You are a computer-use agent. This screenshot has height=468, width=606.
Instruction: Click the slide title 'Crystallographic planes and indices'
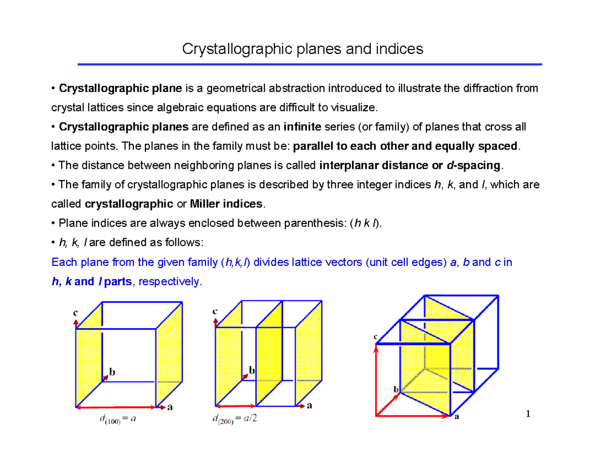pos(302,49)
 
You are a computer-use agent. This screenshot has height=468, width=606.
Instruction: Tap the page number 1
pos(528,414)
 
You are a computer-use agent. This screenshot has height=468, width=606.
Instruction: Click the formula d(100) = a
pos(116,420)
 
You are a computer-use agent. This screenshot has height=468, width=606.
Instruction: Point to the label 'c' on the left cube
pos(75,313)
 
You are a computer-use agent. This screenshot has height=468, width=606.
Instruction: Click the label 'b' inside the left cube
pos(113,372)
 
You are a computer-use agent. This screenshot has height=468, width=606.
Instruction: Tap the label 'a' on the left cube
pos(170,408)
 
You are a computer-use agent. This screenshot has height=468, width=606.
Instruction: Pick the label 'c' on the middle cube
pos(215,311)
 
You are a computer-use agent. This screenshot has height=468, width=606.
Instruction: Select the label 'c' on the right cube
pos(376,336)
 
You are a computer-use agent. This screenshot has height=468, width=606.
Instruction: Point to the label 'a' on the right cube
pos(457,417)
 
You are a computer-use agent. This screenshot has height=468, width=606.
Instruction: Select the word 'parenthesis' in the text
pos(316,223)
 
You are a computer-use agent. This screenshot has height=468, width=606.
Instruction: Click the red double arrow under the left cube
pos(116,406)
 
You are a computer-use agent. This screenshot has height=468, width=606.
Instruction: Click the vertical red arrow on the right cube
pos(377,380)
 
